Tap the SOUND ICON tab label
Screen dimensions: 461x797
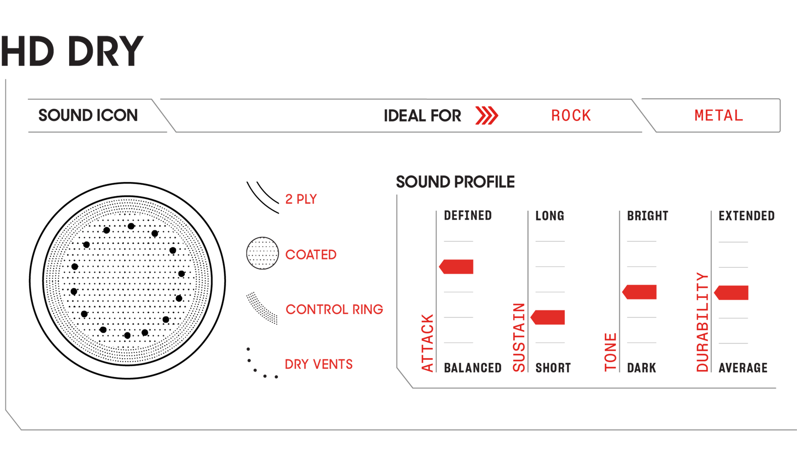click(x=88, y=116)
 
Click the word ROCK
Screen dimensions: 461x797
click(x=571, y=116)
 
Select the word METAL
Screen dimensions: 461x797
click(x=718, y=116)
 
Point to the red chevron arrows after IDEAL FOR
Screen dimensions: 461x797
click(x=486, y=116)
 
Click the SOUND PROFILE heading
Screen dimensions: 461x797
click(x=455, y=182)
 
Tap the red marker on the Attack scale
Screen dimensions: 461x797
click(x=457, y=267)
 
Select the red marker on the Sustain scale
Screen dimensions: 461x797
click(x=548, y=317)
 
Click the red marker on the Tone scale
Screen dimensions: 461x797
click(x=640, y=292)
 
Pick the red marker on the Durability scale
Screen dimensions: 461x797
click(x=732, y=293)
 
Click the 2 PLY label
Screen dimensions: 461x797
click(x=301, y=199)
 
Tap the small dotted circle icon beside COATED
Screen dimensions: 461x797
click(x=262, y=253)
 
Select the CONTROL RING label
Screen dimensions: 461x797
click(x=334, y=309)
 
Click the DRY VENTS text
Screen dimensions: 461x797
click(x=319, y=364)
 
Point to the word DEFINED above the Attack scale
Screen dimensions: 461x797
click(x=467, y=216)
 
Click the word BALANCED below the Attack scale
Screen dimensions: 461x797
click(x=473, y=368)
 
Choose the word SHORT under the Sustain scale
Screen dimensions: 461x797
click(x=553, y=368)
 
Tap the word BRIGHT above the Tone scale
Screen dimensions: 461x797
click(x=648, y=216)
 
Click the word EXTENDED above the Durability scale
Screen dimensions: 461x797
click(x=746, y=216)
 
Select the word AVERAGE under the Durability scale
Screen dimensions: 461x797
click(x=743, y=368)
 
